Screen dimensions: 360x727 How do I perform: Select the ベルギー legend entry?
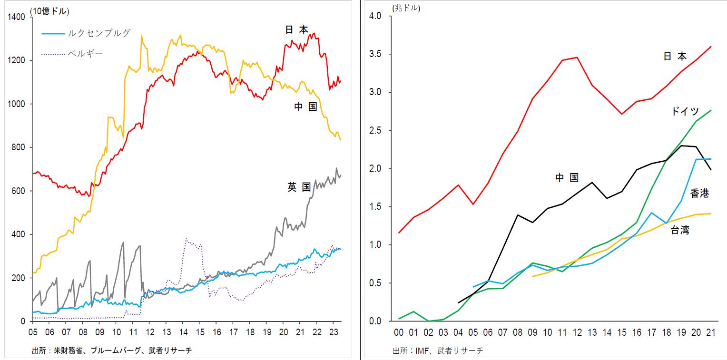click(86, 53)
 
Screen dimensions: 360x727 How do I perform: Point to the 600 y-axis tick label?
click(20, 191)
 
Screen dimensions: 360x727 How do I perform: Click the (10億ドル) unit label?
click(50, 10)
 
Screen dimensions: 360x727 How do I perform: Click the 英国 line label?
click(299, 187)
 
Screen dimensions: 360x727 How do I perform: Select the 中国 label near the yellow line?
click(305, 107)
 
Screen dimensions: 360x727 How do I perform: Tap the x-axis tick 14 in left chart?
click(183, 331)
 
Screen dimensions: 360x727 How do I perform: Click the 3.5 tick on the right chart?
click(376, 54)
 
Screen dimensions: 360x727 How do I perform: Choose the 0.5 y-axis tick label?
click(376, 283)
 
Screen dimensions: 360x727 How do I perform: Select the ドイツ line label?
click(685, 111)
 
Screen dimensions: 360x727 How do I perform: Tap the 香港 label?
click(699, 193)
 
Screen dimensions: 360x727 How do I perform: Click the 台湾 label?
click(680, 230)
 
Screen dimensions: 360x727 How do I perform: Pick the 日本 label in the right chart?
click(675, 56)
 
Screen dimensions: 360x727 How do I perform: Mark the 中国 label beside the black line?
click(567, 178)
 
